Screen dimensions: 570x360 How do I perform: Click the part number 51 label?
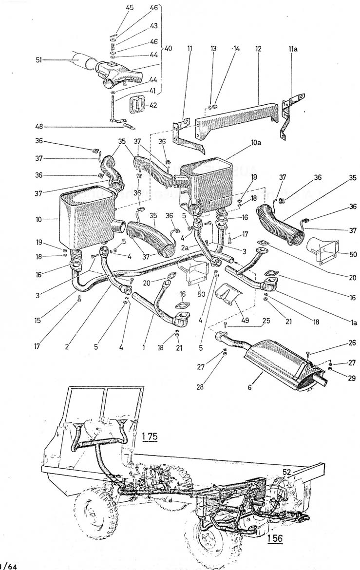tap(39, 60)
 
